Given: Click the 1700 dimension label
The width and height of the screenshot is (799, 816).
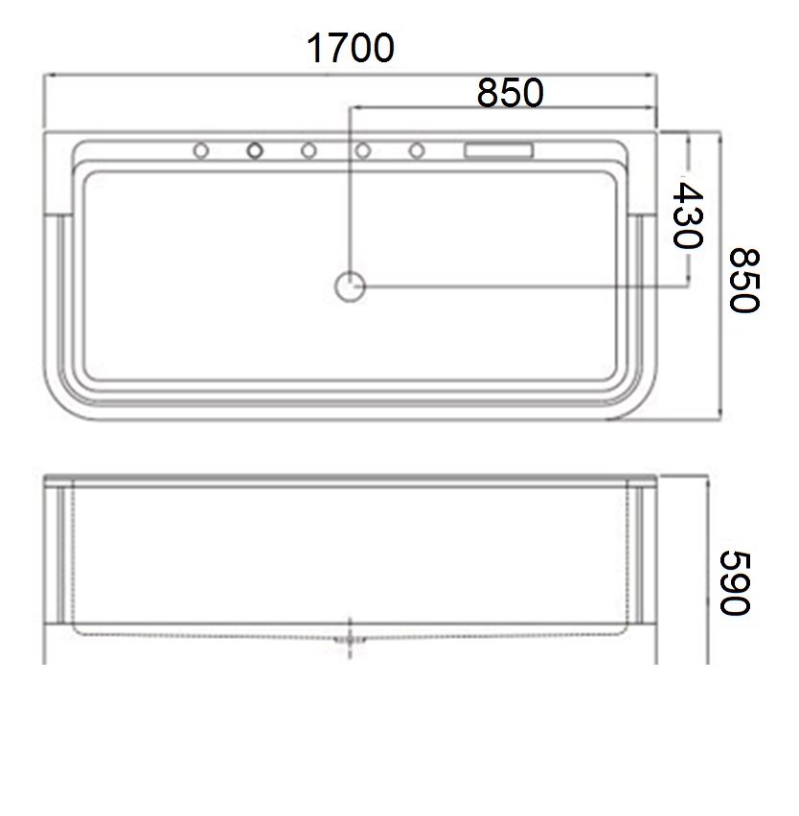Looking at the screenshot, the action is point(351,48).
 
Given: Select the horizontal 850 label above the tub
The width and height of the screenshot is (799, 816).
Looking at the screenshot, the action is point(510,93).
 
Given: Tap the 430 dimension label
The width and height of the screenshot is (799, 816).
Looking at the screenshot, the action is point(688,215).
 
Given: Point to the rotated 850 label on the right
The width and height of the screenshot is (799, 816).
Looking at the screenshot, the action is point(743,280).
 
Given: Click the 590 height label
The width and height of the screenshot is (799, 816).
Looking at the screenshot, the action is point(735,583).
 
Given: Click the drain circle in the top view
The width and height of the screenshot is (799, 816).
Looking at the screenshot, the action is point(350,286).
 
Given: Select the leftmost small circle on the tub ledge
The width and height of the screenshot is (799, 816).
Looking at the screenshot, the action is point(201,151).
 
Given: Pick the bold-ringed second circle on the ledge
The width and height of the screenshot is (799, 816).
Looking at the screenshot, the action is point(255,151).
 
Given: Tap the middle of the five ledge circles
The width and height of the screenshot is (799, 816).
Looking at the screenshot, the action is point(308,151).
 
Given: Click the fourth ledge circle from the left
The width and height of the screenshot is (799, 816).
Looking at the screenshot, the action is point(363,151).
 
